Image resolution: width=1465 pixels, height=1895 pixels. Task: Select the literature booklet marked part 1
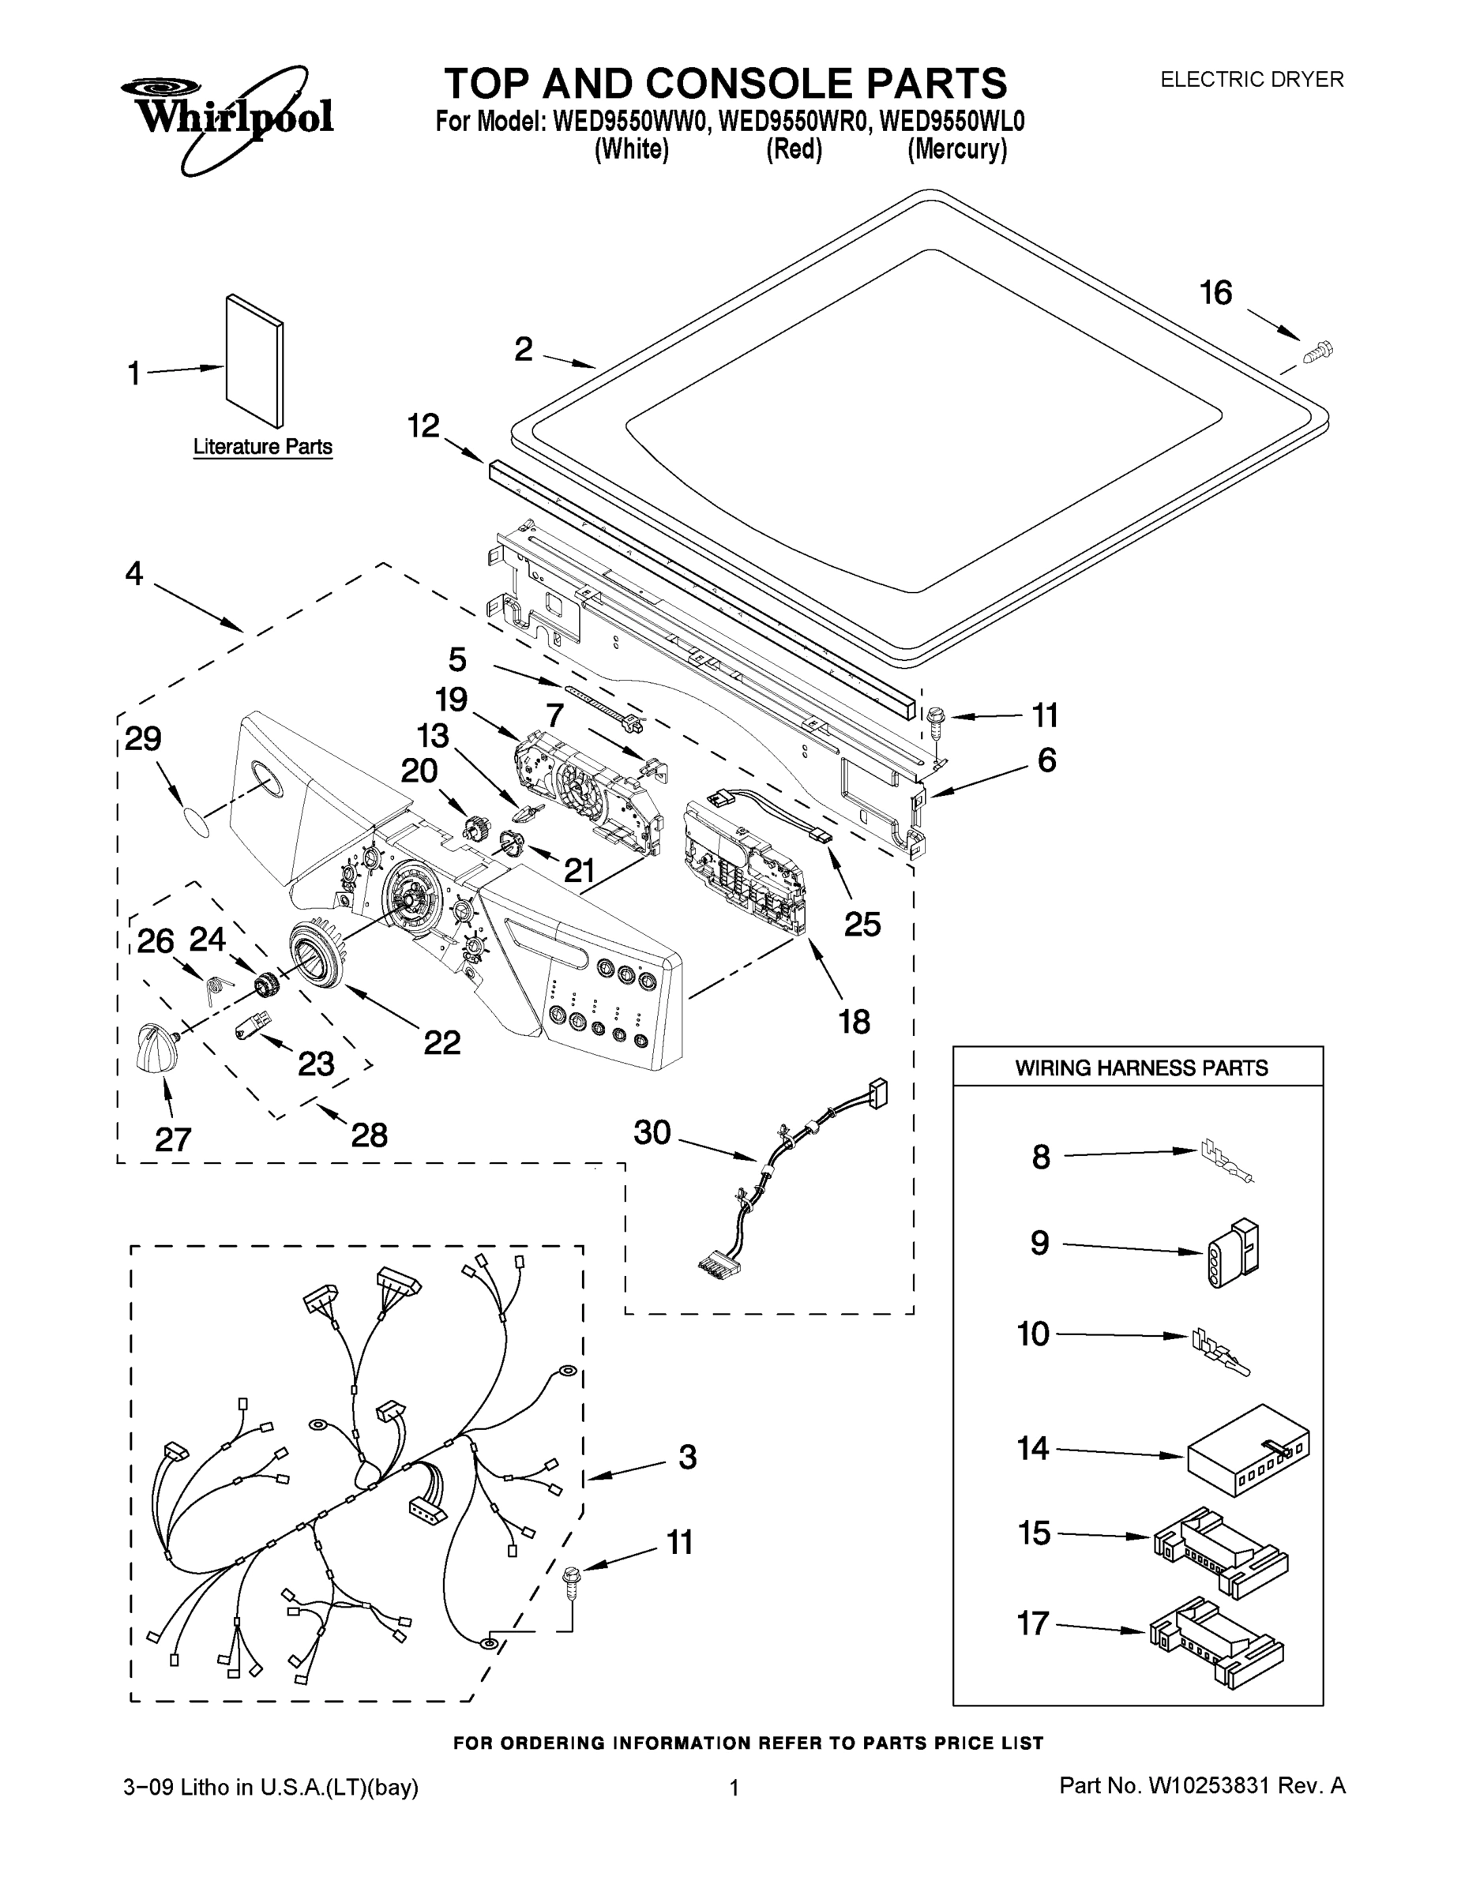point(254,361)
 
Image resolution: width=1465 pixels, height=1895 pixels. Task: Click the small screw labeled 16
point(1317,352)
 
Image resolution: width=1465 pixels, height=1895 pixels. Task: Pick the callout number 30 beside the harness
point(652,1132)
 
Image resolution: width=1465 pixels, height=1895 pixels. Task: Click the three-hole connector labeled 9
point(1231,1254)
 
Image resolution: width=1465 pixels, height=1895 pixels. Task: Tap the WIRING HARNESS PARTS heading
point(1141,1068)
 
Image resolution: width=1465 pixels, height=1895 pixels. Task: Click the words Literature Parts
point(262,447)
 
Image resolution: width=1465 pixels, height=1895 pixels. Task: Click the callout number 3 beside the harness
point(687,1457)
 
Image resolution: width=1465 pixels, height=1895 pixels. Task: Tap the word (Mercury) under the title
point(957,150)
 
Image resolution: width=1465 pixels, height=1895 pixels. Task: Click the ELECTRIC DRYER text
point(1252,80)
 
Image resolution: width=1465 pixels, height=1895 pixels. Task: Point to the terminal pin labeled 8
point(1226,1159)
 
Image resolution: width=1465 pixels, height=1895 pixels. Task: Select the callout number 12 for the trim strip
point(423,426)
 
